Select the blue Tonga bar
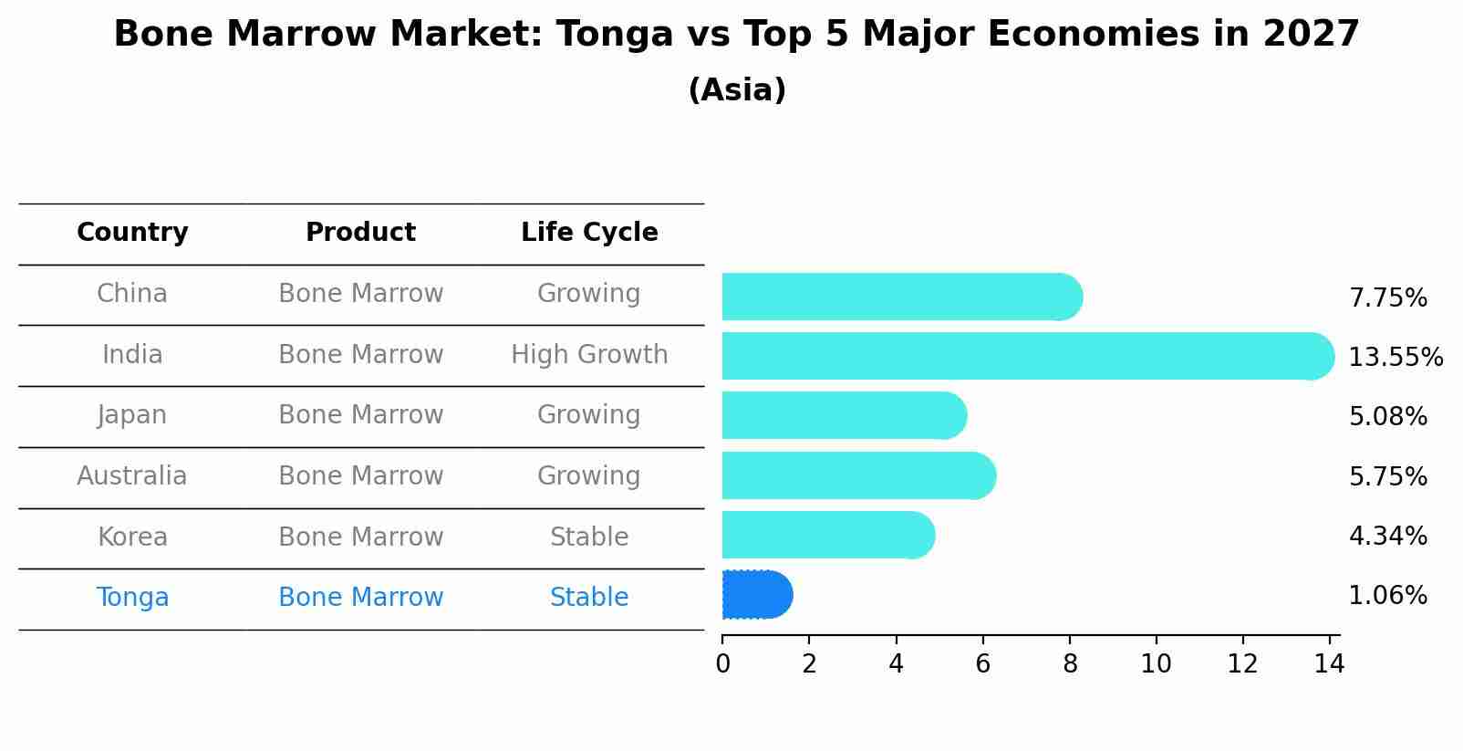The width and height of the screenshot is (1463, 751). (756, 595)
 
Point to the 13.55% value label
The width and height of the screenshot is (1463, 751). (1395, 357)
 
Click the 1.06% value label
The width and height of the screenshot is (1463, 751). (1387, 596)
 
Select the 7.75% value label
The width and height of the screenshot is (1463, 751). (1387, 298)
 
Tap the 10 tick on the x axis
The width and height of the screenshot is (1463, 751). (1156, 664)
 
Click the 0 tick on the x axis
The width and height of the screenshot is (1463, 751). (722, 664)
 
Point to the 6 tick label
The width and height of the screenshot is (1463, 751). (982, 664)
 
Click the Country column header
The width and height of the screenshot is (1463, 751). (132, 233)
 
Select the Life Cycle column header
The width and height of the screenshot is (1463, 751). (589, 233)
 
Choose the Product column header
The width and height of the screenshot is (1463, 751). (360, 233)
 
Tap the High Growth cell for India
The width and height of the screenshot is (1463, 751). (589, 355)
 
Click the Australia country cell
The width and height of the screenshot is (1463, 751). (132, 476)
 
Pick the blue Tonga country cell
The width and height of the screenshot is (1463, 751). (132, 598)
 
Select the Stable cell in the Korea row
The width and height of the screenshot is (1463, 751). (589, 537)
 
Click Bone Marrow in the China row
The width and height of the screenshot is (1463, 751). (360, 294)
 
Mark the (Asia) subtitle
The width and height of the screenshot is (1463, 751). (737, 90)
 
